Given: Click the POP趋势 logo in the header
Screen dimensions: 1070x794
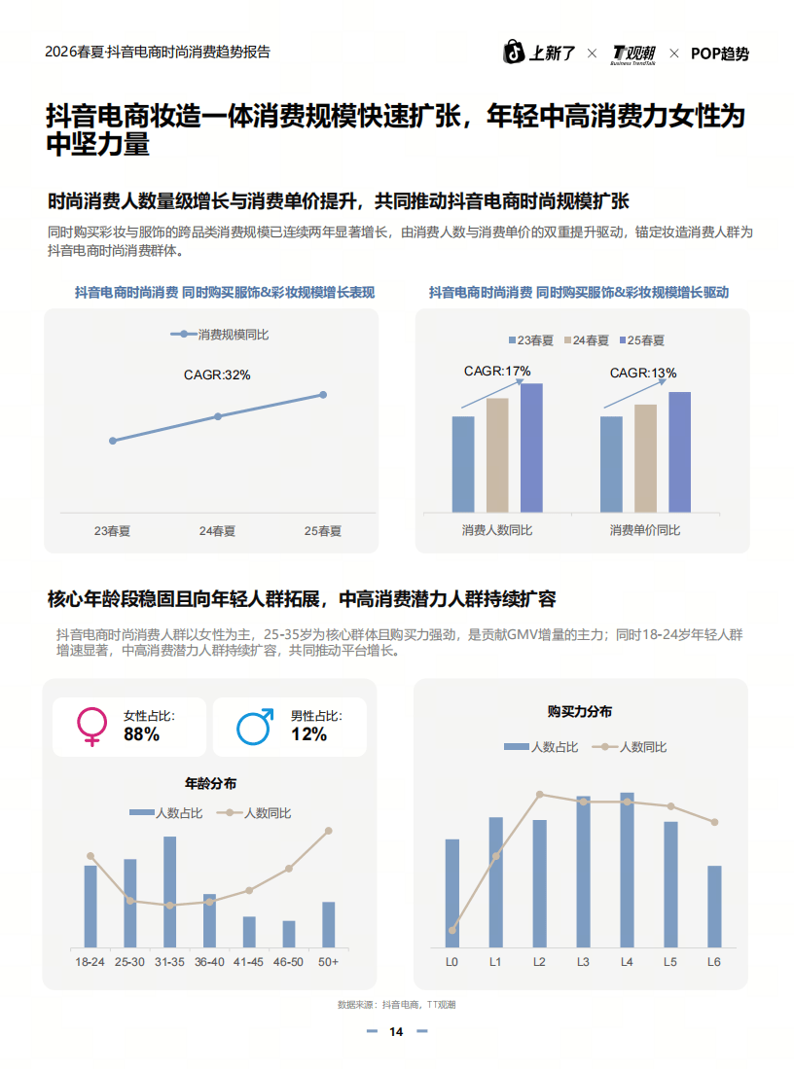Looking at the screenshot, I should (720, 53).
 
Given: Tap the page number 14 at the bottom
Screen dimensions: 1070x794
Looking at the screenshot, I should (396, 1032).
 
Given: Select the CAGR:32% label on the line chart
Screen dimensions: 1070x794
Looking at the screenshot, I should (217, 374).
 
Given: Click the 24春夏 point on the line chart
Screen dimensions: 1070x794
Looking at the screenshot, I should (218, 416).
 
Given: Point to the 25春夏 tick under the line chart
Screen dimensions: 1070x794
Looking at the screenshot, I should (323, 531).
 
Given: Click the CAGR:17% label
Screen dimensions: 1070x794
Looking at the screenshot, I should (496, 371).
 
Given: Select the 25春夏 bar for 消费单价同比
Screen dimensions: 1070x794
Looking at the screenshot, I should (679, 451).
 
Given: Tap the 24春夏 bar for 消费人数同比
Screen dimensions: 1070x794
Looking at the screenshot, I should (497, 454).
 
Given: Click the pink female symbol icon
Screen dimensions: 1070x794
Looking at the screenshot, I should (92, 727).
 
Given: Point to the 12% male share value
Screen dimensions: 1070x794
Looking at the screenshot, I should (308, 734).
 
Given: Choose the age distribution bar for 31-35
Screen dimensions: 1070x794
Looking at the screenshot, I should (169, 891).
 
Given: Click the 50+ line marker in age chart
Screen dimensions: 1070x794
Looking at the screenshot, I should (329, 831).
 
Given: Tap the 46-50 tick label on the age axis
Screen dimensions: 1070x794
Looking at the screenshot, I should (289, 962).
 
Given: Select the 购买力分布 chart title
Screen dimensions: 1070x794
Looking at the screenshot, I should (580, 712).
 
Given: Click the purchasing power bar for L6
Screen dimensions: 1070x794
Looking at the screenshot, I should (714, 906).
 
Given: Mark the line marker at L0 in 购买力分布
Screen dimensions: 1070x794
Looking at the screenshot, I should (452, 930).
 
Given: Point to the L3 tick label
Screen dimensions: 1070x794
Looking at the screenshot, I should (583, 962).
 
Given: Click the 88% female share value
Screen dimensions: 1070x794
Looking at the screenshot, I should (141, 734).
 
